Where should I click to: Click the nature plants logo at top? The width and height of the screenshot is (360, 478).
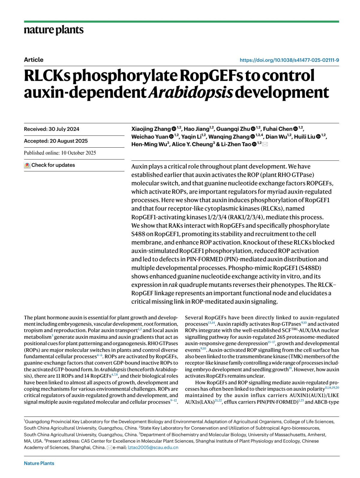(54, 30)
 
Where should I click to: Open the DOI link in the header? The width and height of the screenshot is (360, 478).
(289, 60)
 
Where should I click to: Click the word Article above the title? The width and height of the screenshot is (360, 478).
(34, 60)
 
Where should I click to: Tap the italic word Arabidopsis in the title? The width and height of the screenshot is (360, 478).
(190, 92)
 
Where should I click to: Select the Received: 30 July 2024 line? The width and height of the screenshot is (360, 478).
(52, 129)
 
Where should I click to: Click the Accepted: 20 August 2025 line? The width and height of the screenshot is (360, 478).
(56, 141)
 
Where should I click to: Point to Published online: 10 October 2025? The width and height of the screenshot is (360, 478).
(60, 153)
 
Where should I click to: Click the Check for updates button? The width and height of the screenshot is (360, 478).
(50, 165)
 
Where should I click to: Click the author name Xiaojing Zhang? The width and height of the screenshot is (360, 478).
(151, 129)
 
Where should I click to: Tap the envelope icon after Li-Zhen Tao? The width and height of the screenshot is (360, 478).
(265, 144)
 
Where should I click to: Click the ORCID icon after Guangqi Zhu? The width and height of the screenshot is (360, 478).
(253, 129)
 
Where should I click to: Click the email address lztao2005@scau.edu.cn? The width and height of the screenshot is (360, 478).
(153, 447)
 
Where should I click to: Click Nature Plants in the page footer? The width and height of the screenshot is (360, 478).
(39, 463)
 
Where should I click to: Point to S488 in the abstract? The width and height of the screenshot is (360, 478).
(138, 234)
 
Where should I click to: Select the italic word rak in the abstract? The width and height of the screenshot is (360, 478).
(173, 285)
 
